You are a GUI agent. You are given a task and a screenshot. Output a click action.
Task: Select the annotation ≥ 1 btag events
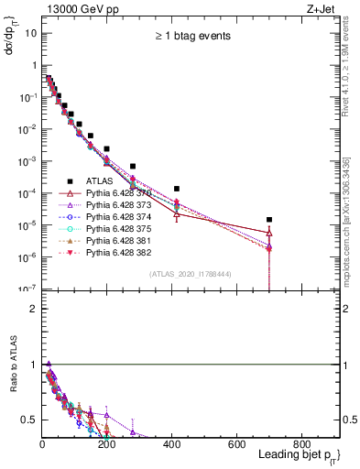(x=191, y=36)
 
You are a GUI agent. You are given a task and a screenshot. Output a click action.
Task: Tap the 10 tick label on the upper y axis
(x=31, y=33)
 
